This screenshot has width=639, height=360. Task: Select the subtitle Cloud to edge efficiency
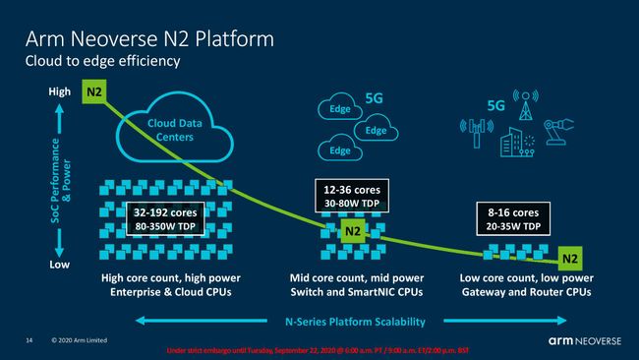tap(103, 62)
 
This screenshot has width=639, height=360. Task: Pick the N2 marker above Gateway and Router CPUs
tap(569, 259)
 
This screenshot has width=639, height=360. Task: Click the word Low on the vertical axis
tap(60, 266)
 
